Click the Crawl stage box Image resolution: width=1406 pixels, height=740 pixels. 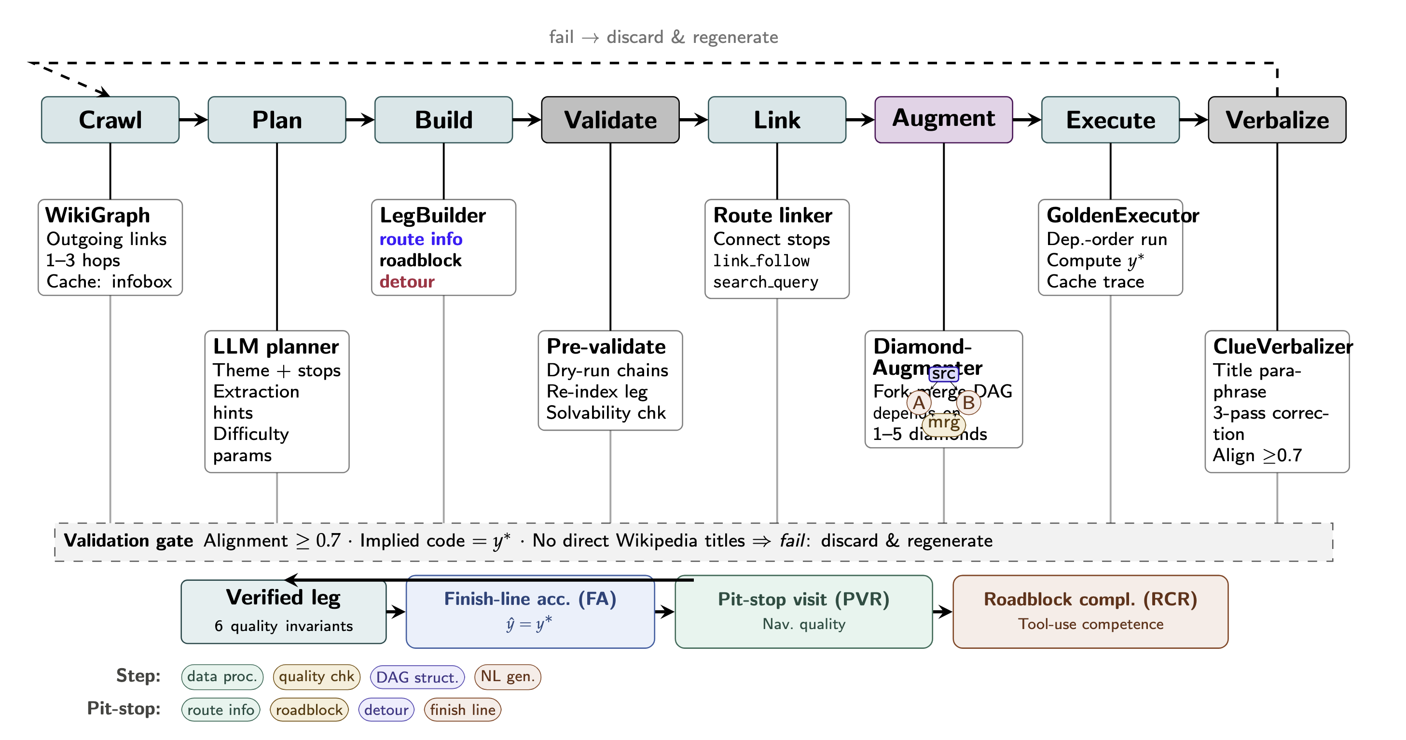click(x=110, y=120)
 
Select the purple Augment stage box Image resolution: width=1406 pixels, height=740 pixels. click(x=943, y=120)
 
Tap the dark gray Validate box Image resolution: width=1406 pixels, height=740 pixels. click(x=610, y=120)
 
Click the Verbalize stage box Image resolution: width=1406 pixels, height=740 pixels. click(x=1277, y=120)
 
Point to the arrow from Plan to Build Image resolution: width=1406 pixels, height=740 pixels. click(x=359, y=120)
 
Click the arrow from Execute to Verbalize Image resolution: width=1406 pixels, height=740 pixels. click(x=1193, y=120)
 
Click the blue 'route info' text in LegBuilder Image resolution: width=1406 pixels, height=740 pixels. click(x=421, y=239)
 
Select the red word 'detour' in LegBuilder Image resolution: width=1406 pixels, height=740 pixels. click(x=407, y=282)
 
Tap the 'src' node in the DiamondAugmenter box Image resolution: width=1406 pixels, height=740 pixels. click(x=943, y=374)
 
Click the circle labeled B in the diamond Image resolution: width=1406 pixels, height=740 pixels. click(x=968, y=403)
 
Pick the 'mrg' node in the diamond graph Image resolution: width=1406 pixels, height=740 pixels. click(x=943, y=423)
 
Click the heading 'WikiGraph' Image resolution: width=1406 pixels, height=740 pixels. click(x=97, y=215)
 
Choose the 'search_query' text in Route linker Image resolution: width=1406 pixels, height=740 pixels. click(x=765, y=282)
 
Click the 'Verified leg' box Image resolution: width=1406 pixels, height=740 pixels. click(x=283, y=611)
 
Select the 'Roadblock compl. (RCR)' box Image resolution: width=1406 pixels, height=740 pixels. click(x=1090, y=611)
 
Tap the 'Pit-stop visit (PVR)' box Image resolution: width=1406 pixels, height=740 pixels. click(x=803, y=611)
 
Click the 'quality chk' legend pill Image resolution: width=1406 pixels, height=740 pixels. click(x=316, y=677)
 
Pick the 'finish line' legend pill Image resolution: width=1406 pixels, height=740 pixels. click(x=462, y=710)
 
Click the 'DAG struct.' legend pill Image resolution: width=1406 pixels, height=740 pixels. click(x=417, y=677)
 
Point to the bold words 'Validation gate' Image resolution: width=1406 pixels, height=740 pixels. click(x=128, y=541)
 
